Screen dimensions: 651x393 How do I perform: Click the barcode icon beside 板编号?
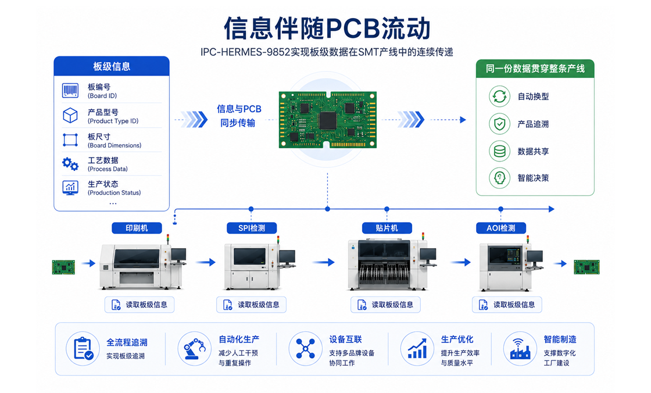pos(70,91)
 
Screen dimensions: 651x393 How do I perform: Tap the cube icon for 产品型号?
pos(70,115)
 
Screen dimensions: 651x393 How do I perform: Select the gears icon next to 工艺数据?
pos(70,164)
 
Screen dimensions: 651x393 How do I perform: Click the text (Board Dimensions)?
pos(115,145)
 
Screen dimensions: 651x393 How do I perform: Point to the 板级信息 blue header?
pos(112,66)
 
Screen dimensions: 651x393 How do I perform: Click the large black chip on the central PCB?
pos(328,120)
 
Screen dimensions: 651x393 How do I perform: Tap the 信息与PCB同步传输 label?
pos(239,116)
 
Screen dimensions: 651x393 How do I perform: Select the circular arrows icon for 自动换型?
pos(499,97)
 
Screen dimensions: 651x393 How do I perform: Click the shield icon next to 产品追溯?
pos(499,124)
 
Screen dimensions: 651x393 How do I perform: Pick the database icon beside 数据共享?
pos(499,151)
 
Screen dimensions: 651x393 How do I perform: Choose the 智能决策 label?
pos(533,178)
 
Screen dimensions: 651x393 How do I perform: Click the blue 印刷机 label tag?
pos(137,228)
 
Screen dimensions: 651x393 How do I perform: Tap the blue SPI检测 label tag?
pos(252,228)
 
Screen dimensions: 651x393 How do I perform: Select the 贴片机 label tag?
pos(387,228)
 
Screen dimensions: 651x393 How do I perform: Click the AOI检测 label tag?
pos(500,228)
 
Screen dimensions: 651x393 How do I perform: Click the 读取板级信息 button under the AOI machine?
pos(507,305)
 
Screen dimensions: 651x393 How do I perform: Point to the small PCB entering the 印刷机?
pos(63,267)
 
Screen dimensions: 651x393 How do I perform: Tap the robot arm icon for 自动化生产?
pos(194,349)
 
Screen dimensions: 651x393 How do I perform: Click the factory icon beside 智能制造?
pos(520,349)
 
